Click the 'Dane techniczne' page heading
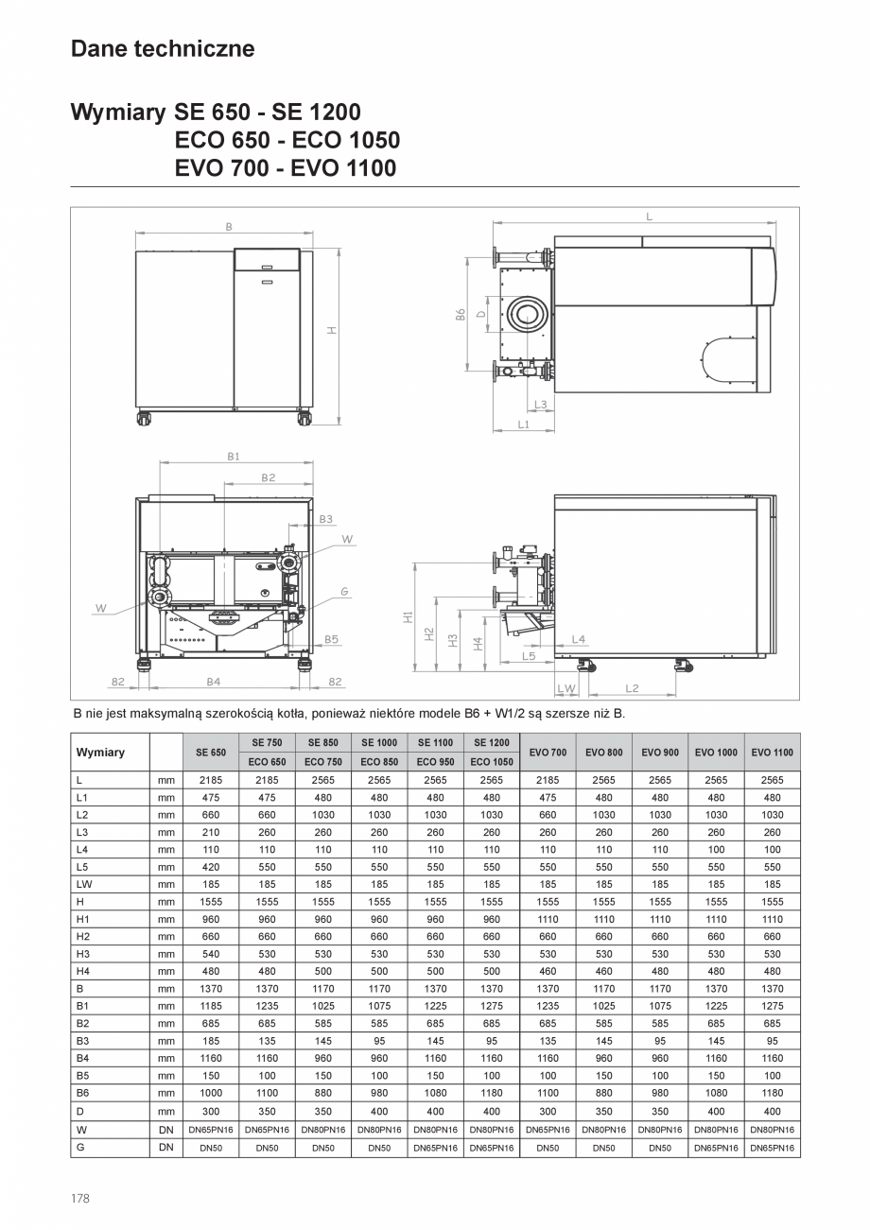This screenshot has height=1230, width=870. click(x=162, y=48)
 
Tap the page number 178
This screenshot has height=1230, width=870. click(x=79, y=1198)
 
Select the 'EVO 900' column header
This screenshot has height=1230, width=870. click(x=660, y=753)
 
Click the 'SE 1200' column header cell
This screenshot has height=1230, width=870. click(x=492, y=743)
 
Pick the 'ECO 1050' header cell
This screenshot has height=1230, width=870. click(x=492, y=762)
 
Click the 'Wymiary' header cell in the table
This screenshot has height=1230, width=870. click(x=100, y=753)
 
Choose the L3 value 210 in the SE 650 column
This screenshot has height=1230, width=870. click(x=211, y=832)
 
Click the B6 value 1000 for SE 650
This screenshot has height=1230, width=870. click(x=211, y=1094)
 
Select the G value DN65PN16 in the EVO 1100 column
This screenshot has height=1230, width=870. click(x=773, y=1147)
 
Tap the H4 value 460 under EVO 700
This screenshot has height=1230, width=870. click(x=548, y=971)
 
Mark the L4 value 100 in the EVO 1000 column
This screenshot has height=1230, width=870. click(x=716, y=850)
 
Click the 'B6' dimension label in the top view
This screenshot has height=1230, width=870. click(x=461, y=314)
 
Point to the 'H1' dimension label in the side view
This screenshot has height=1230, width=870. click(x=408, y=616)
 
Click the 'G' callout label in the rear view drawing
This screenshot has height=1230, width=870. click(x=345, y=591)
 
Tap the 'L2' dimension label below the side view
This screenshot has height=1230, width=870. click(x=632, y=688)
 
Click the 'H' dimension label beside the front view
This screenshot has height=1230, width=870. click(x=332, y=331)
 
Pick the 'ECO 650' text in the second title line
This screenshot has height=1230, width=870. click(x=224, y=141)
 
